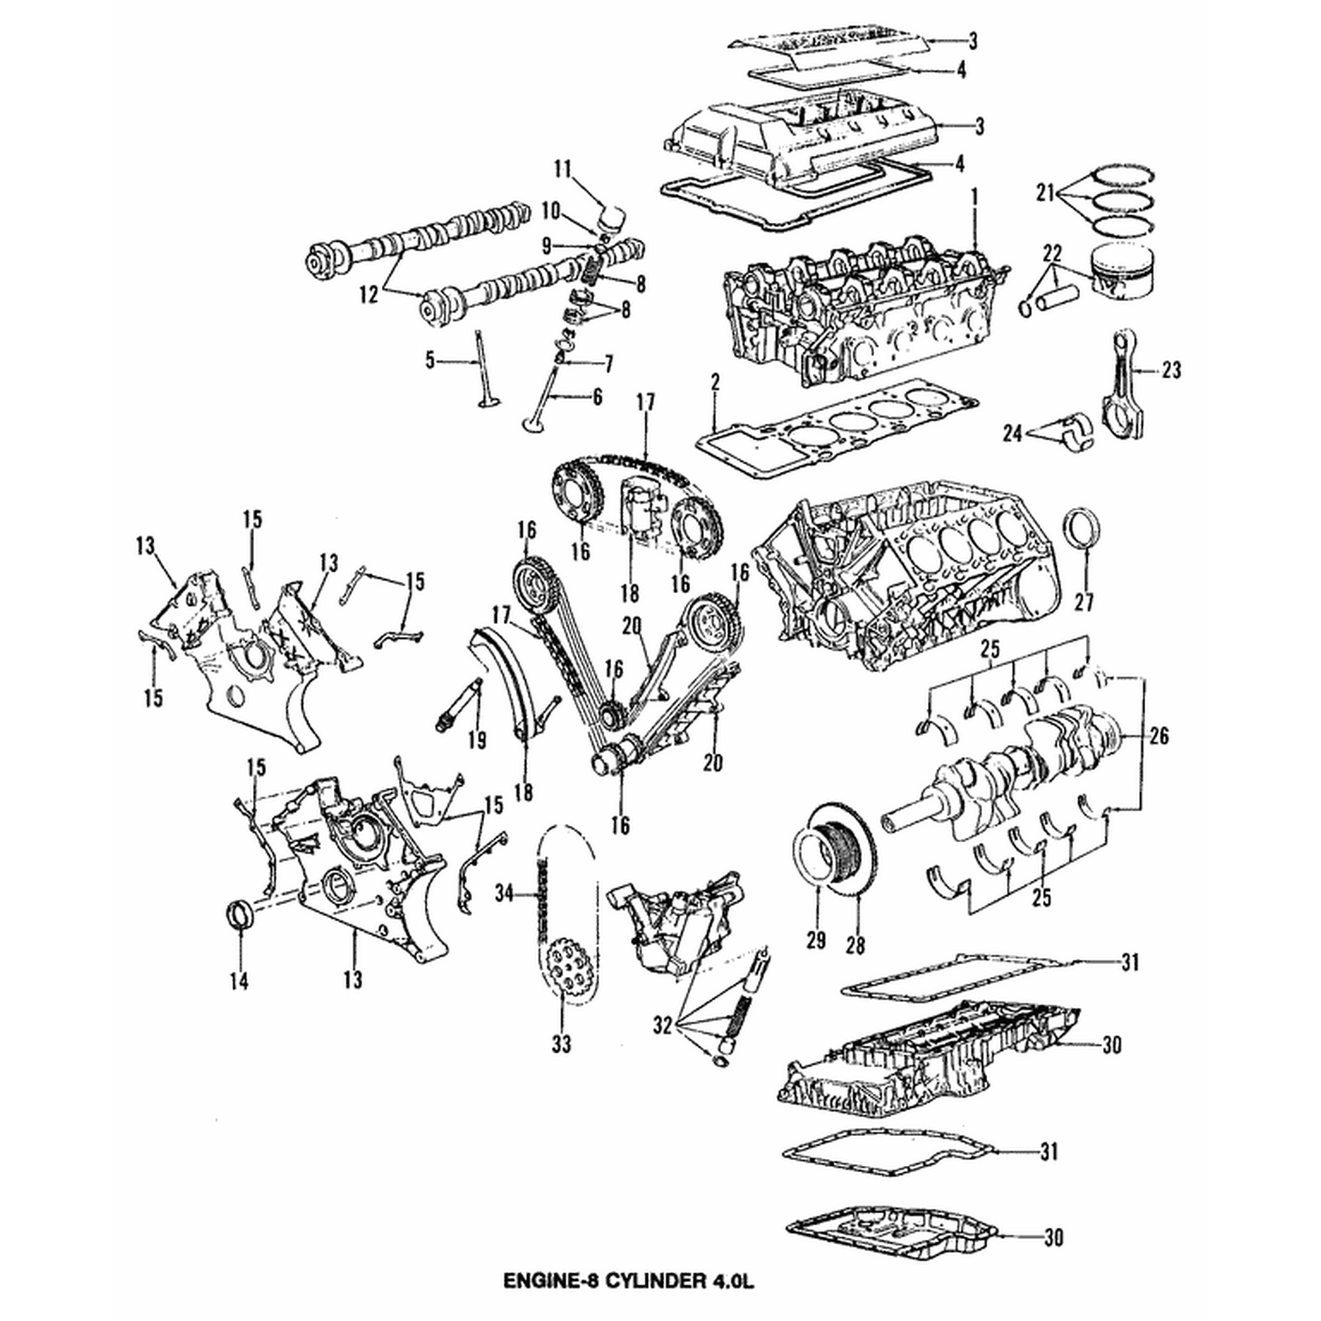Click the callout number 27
[x=1084, y=602]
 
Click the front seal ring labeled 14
[x=237, y=916]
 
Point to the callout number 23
[x=1170, y=371]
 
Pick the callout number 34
[x=504, y=892]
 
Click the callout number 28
[x=855, y=945]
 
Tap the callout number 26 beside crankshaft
[x=1159, y=736]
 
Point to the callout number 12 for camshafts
[x=369, y=295]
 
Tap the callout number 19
[x=478, y=739]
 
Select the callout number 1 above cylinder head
[x=974, y=198]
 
